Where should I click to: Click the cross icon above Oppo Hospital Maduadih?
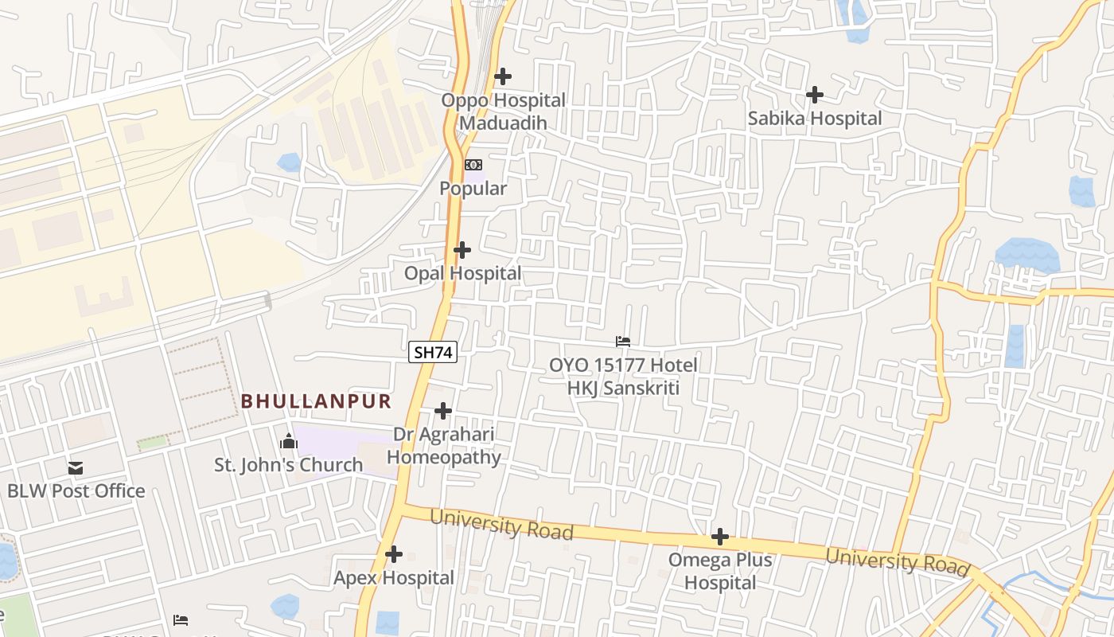click(503, 76)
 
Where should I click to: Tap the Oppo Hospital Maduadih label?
click(503, 111)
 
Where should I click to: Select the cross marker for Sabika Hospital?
click(815, 95)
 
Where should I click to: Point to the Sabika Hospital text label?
click(815, 119)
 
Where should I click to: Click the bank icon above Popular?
click(473, 165)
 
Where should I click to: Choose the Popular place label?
click(473, 189)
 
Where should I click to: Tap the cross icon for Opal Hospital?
click(462, 250)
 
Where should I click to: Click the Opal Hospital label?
click(462, 273)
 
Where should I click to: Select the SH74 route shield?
click(433, 352)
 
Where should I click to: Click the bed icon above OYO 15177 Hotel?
click(623, 342)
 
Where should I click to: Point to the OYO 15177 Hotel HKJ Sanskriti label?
click(623, 377)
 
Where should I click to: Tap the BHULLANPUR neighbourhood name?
click(317, 401)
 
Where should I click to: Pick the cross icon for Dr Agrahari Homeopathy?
click(443, 411)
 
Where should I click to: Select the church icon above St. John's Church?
click(289, 441)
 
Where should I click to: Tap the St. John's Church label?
click(288, 465)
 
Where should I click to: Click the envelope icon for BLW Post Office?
click(76, 467)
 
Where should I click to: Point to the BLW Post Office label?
click(76, 490)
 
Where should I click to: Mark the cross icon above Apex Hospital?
click(394, 554)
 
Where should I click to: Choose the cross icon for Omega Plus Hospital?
click(720, 537)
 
